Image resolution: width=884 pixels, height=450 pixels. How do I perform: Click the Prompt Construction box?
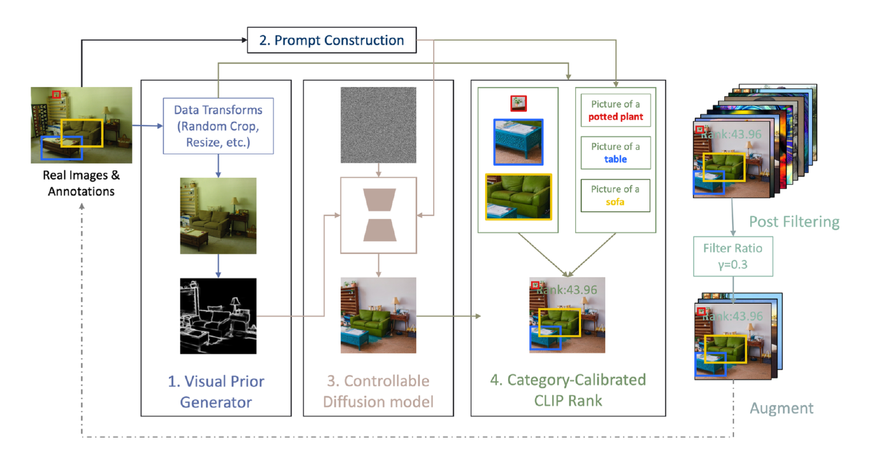coord(332,41)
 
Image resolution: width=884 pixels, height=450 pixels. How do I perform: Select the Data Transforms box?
coord(218,126)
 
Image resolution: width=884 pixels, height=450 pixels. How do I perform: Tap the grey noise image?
coord(378,125)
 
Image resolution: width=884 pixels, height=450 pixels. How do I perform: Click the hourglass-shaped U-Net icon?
coord(378,215)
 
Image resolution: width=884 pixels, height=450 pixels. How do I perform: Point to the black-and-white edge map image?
coord(218,316)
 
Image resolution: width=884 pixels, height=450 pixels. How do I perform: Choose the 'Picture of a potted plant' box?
coord(615,110)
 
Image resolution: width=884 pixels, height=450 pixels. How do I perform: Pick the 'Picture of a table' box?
coord(615,153)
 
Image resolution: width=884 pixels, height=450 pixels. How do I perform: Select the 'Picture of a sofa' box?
coord(615,196)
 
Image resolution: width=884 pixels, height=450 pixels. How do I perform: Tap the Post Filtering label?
coord(794,221)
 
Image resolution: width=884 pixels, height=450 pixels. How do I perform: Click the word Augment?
coord(781,408)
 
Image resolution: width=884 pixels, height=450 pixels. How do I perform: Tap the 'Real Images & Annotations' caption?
coord(81,183)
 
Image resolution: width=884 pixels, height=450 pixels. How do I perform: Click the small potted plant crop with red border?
coord(518,103)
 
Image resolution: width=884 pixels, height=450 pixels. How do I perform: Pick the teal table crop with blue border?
coord(519,142)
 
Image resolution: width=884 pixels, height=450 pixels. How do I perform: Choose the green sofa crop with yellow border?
coord(518,197)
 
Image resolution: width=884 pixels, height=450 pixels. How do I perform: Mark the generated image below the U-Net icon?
coord(378,315)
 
